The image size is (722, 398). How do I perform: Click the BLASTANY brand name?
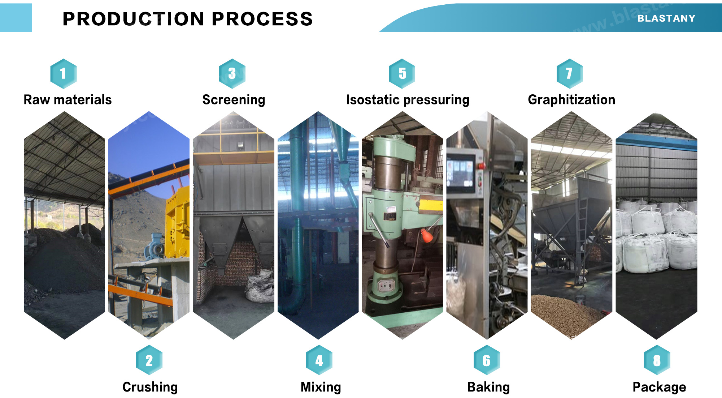pyautogui.click(x=666, y=18)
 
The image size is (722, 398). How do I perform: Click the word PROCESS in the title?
pyautogui.click(x=262, y=19)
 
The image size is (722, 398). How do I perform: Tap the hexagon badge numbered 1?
pyautogui.click(x=63, y=73)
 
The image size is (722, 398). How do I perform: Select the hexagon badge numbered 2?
pyautogui.click(x=149, y=360)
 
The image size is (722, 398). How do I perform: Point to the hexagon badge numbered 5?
pyautogui.click(x=402, y=73)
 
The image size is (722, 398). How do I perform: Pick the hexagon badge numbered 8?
pyautogui.click(x=657, y=360)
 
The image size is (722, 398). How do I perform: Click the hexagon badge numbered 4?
pyautogui.click(x=319, y=360)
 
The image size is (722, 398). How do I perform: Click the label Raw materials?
pyautogui.click(x=68, y=99)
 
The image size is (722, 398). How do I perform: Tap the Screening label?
pyautogui.click(x=234, y=99)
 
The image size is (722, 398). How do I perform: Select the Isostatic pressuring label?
pyautogui.click(x=408, y=99)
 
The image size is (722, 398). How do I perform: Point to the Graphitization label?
pyautogui.click(x=571, y=99)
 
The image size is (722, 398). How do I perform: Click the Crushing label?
pyautogui.click(x=150, y=387)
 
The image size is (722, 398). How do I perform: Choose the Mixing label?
pyautogui.click(x=321, y=387)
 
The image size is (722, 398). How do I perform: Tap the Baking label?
pyautogui.click(x=488, y=387)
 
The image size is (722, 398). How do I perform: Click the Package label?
pyautogui.click(x=659, y=387)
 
